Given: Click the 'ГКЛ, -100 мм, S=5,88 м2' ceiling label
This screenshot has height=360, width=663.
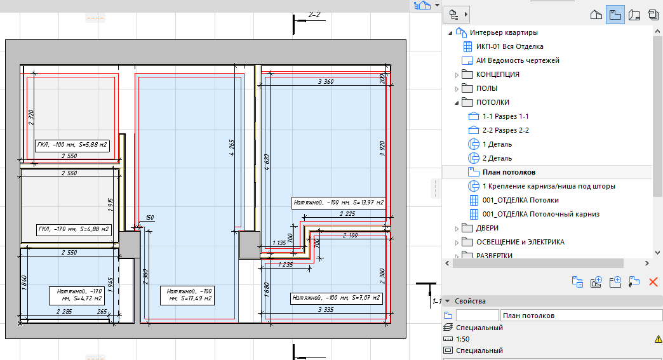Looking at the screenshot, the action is (72, 145).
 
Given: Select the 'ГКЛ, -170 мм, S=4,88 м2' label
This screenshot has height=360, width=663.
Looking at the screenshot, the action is (74, 230).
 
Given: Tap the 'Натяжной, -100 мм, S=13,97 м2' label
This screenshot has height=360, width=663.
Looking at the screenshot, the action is (338, 203).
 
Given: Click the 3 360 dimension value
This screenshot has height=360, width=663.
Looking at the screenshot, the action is (326, 81).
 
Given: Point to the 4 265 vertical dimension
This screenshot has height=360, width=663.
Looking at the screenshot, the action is (232, 148).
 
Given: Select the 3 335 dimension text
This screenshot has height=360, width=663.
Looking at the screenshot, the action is (326, 310).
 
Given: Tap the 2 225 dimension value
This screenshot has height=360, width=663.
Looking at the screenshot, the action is (347, 214).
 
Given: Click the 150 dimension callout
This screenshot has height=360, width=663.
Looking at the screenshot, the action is (150, 218).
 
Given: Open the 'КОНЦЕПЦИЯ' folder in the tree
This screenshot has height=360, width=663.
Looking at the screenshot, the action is (498, 74).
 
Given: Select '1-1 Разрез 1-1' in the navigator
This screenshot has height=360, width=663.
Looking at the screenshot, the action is (506, 116).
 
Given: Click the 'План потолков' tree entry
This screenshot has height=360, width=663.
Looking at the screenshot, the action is (509, 172).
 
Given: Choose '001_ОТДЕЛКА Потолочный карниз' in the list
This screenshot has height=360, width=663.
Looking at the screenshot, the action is (541, 214).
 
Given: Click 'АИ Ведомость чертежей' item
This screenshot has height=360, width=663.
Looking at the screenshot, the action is (518, 60).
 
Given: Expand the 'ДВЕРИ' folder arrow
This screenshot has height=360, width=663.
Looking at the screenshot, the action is (457, 229).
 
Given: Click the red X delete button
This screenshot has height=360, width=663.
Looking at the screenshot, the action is (653, 282).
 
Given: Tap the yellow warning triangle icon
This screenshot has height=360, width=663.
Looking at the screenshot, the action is (659, 339).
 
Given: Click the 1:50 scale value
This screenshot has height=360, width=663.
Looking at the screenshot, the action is (462, 339).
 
